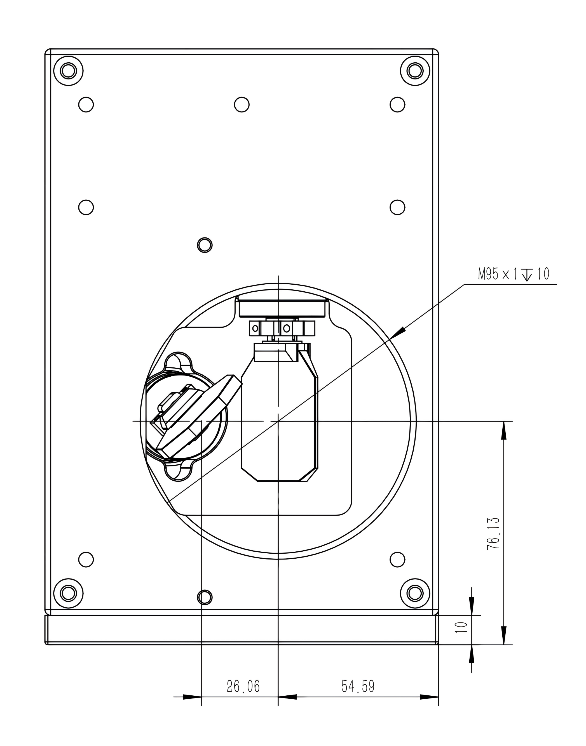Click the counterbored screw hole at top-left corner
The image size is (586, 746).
[x=68, y=71]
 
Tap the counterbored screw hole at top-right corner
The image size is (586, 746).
[x=415, y=71]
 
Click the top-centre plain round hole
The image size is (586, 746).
[x=242, y=104]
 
